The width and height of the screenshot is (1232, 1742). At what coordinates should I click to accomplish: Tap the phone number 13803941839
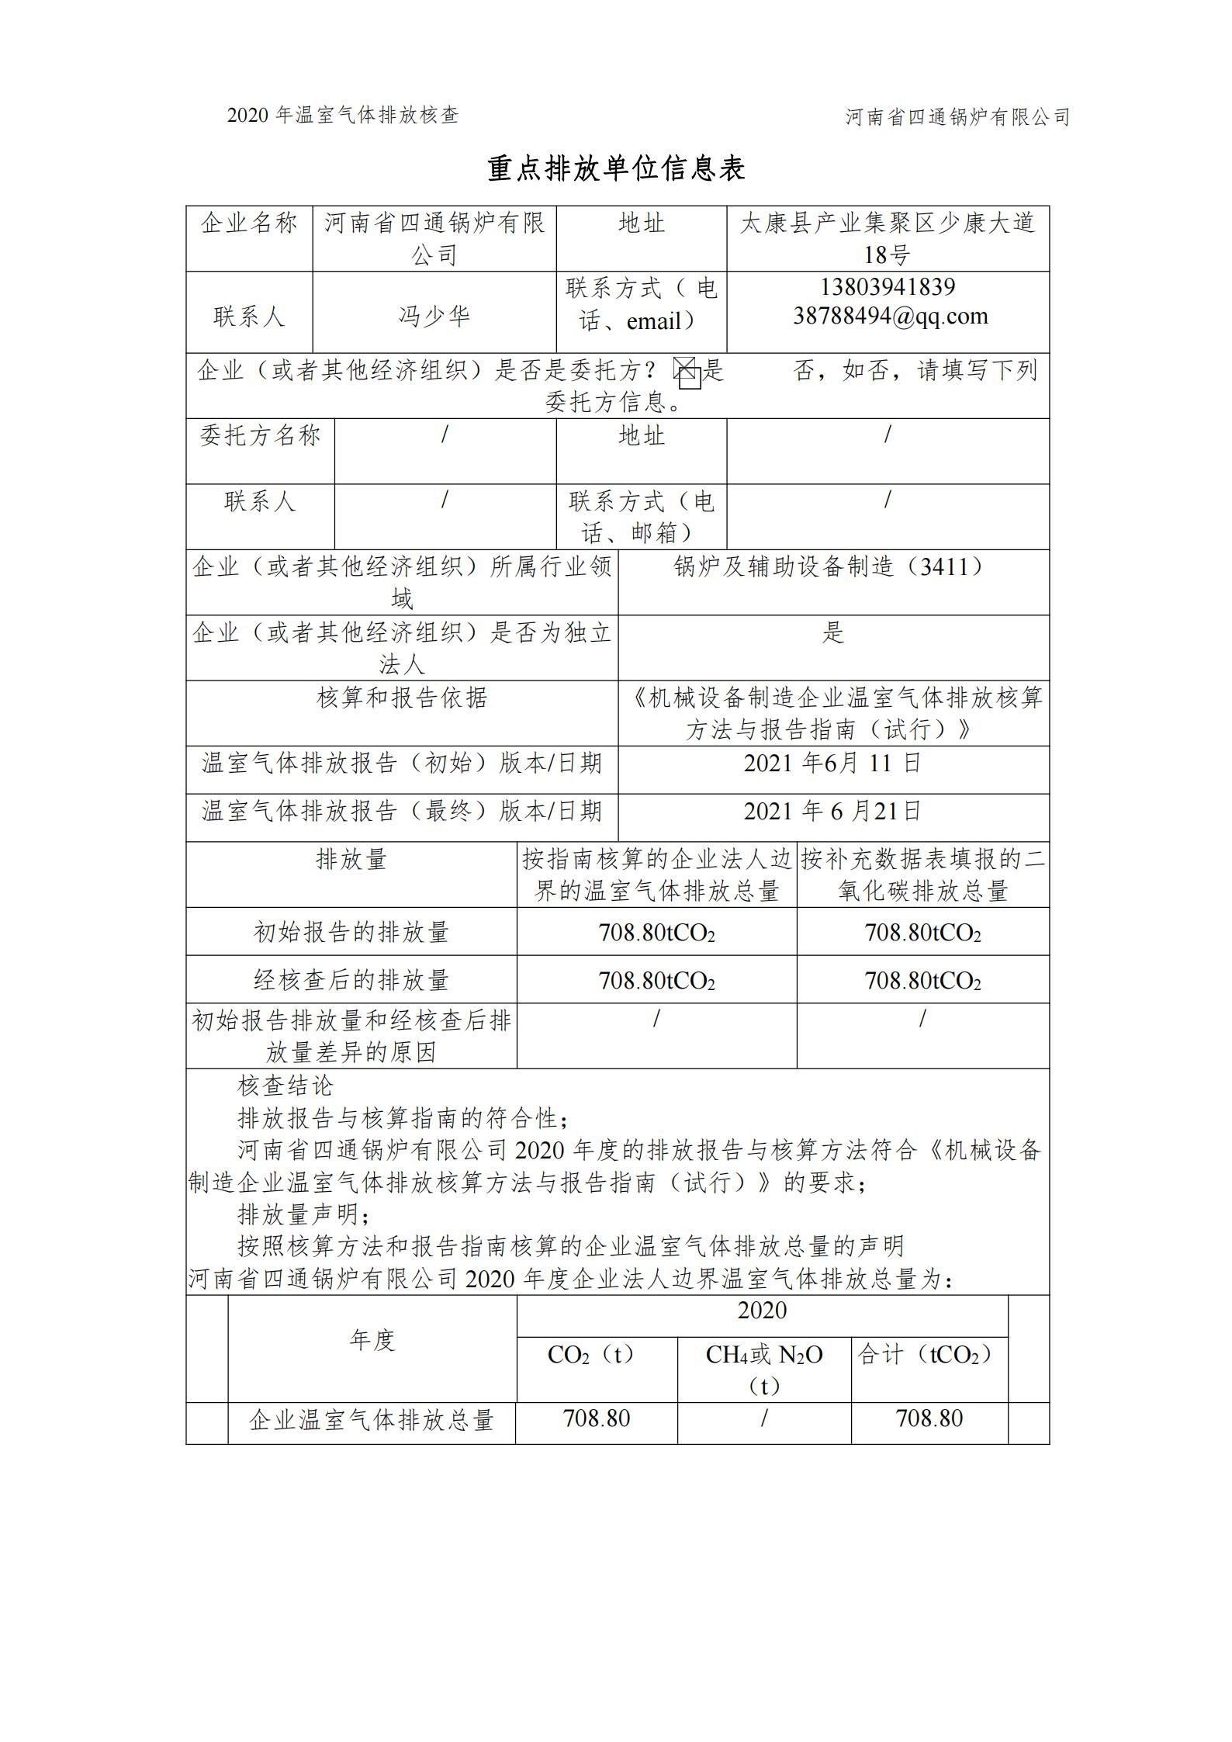(x=888, y=288)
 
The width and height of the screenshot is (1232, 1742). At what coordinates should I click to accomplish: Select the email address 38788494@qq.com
(x=890, y=317)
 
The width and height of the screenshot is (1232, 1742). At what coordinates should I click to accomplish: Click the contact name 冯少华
(x=434, y=317)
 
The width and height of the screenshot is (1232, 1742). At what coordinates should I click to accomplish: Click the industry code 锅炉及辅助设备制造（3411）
(x=833, y=567)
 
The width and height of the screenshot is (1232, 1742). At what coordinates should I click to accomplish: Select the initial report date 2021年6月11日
(x=832, y=764)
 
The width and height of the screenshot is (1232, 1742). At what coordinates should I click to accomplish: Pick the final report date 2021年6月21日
(x=832, y=812)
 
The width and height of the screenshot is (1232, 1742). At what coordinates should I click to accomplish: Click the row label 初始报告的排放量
(x=351, y=932)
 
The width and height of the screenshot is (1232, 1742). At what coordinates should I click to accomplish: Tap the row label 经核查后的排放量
(x=351, y=980)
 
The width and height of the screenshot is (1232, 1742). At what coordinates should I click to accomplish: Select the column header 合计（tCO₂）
(x=929, y=1355)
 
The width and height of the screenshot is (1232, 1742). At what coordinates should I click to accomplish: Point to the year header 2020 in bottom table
(x=762, y=1311)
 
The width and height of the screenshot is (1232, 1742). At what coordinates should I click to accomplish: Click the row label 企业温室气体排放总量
(x=372, y=1420)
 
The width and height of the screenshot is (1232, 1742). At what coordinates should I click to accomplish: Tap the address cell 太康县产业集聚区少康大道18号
(x=888, y=238)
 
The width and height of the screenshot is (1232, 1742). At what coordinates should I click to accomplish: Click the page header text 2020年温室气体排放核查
(x=343, y=116)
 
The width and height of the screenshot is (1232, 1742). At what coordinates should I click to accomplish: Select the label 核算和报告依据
(x=402, y=698)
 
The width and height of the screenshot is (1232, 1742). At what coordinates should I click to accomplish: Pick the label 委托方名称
(x=260, y=436)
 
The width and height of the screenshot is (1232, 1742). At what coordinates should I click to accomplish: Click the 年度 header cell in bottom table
(x=372, y=1340)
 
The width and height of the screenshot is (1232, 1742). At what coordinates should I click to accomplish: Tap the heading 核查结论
(x=285, y=1086)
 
